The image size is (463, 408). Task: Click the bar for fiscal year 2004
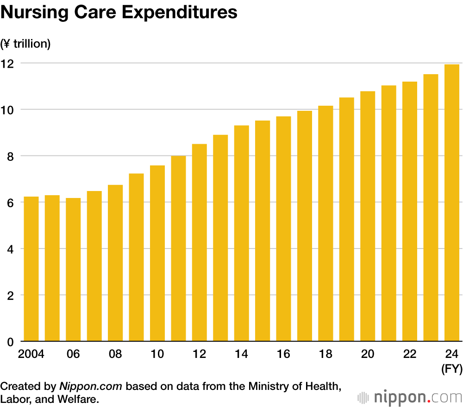tap(31, 269)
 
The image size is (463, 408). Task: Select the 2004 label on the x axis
tap(31, 354)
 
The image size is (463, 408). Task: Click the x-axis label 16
tap(283, 354)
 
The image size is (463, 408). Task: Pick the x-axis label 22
tap(410, 354)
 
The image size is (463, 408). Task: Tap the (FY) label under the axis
tap(451, 369)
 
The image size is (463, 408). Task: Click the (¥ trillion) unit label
tap(25, 44)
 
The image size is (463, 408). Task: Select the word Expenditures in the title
tap(180, 13)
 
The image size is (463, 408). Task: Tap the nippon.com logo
tap(410, 397)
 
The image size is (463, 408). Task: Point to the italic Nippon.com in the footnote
tap(92, 386)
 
